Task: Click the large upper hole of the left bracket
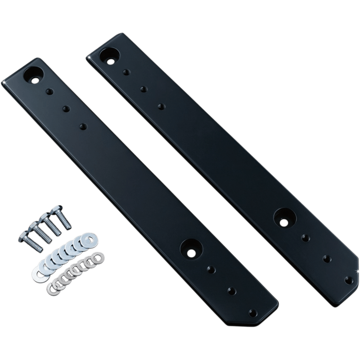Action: point(35,74)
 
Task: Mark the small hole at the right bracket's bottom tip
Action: point(347,279)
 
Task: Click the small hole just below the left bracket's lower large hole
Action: point(211,269)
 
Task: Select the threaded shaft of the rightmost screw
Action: point(65,220)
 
